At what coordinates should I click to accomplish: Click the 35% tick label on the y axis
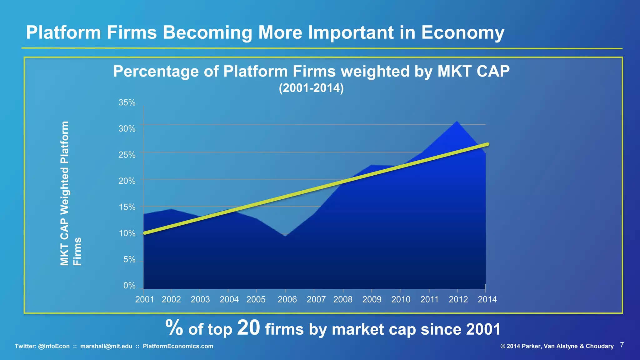click(127, 102)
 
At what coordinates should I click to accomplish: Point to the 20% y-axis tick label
click(127, 181)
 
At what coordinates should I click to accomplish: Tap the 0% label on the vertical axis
click(129, 286)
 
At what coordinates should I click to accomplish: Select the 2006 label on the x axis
click(287, 299)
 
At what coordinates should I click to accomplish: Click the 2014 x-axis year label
click(487, 299)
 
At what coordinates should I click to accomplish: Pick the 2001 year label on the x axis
click(144, 299)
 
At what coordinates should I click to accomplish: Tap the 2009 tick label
click(372, 299)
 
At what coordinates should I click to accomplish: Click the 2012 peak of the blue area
click(457, 122)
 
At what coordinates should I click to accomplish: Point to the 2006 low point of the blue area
click(285, 236)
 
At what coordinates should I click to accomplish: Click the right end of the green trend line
click(487, 144)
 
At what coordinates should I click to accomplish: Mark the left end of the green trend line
click(145, 233)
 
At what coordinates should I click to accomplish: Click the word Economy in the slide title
click(462, 32)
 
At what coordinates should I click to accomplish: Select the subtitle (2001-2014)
click(311, 88)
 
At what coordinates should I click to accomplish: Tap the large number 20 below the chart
click(248, 328)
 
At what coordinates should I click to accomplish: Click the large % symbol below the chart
click(174, 328)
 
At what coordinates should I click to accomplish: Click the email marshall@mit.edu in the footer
click(106, 346)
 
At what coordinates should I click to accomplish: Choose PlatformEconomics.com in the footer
click(178, 346)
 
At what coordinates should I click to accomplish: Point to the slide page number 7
click(622, 345)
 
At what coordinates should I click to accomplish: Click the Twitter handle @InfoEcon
click(54, 346)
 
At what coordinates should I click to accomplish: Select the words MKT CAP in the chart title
click(473, 71)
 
